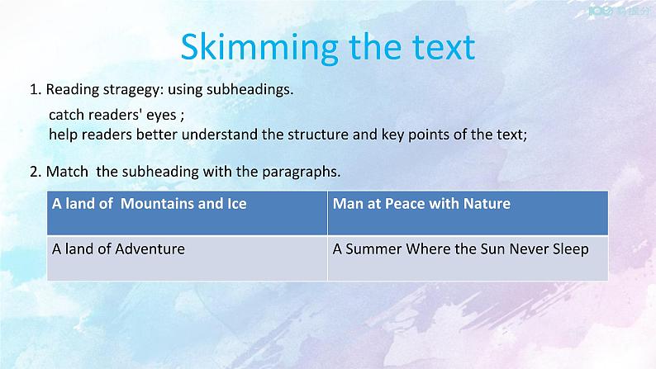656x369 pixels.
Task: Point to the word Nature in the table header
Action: pyautogui.click(x=487, y=203)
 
